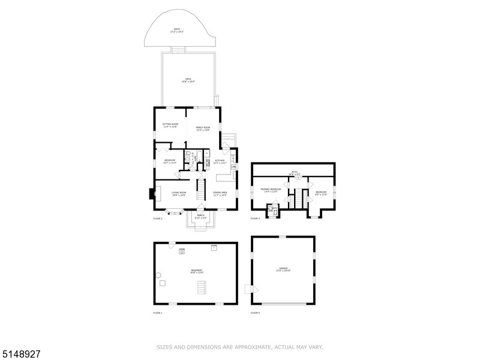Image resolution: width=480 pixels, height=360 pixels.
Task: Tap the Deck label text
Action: (x=188, y=80)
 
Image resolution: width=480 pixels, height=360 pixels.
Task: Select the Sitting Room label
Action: (x=170, y=125)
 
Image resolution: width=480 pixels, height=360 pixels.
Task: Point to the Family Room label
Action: (x=203, y=128)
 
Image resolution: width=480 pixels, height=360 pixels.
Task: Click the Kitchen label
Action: (x=220, y=162)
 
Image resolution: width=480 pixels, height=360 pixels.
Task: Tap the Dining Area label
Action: (x=220, y=194)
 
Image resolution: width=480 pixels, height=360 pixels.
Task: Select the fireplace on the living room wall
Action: (x=151, y=194)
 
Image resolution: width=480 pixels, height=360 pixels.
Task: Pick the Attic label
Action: (x=294, y=173)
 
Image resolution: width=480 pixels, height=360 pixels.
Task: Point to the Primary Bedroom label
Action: (x=270, y=191)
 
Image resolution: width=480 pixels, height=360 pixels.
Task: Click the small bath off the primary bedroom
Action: (x=273, y=209)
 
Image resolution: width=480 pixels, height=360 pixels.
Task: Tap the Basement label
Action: (x=196, y=271)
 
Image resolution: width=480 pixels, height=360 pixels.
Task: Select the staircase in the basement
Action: (x=202, y=287)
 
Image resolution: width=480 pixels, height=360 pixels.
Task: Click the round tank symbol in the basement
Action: (x=159, y=275)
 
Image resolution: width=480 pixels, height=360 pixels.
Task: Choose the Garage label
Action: (x=283, y=269)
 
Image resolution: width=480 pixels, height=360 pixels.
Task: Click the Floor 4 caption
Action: (x=256, y=313)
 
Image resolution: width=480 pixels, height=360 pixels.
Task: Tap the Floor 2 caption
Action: (x=158, y=218)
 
